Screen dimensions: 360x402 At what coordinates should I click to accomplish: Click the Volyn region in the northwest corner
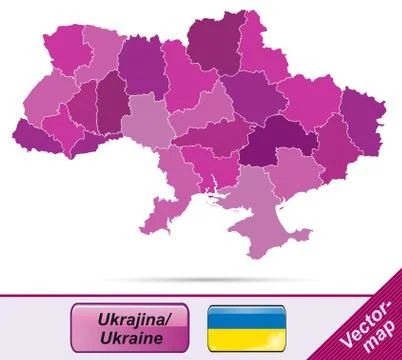click(x=66, y=50)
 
